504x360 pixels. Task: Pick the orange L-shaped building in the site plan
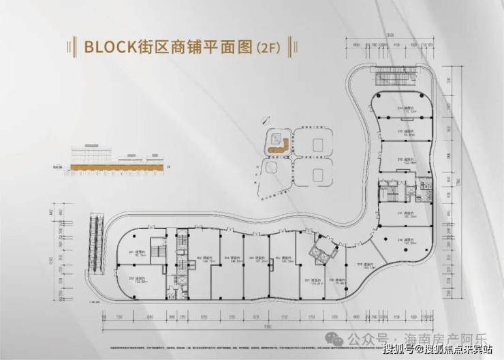(277, 145)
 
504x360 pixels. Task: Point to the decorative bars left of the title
(71, 47)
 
